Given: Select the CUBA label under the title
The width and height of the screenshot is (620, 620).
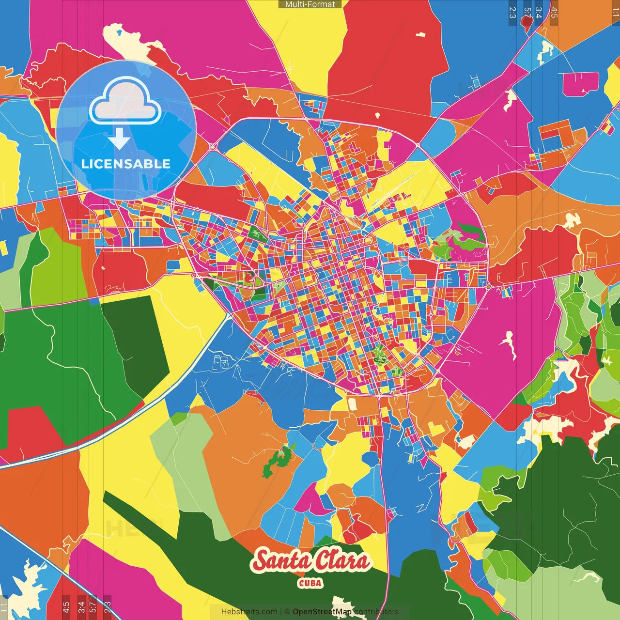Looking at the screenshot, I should pyautogui.click(x=310, y=583).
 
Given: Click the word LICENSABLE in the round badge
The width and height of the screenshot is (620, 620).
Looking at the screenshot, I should pyautogui.click(x=126, y=164).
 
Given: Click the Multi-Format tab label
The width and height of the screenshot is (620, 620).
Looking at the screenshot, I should pyautogui.click(x=310, y=4).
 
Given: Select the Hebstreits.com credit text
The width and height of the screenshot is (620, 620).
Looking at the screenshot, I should pyautogui.click(x=249, y=612).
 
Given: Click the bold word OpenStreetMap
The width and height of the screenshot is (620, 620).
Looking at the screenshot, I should pyautogui.click(x=322, y=612).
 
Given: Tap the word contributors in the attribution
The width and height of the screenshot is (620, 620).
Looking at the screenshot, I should pyautogui.click(x=376, y=612).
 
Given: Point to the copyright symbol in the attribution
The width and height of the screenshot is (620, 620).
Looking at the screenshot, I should pyautogui.click(x=287, y=612).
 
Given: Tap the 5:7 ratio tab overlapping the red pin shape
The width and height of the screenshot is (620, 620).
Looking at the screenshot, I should pyautogui.click(x=527, y=13).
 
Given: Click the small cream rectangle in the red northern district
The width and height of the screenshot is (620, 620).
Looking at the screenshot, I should pyautogui.click(x=420, y=34).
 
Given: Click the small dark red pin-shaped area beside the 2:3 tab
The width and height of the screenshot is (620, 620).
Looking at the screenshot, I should pyautogui.click(x=527, y=24).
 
